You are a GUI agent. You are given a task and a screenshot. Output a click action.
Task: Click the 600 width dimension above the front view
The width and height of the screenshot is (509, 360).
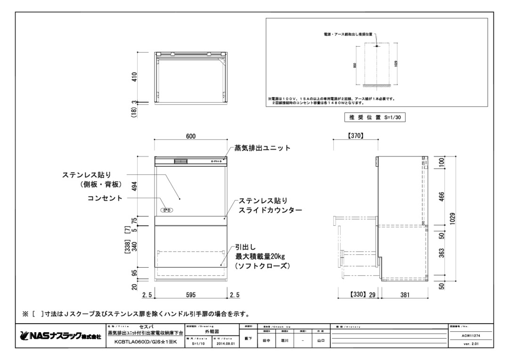(190, 136)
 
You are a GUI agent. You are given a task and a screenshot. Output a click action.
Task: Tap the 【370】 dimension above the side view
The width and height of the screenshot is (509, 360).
(355, 136)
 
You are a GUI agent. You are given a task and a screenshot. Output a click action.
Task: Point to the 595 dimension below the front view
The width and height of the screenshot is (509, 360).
(190, 295)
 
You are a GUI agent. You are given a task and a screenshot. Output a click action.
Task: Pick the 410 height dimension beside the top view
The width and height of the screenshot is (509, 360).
(134, 77)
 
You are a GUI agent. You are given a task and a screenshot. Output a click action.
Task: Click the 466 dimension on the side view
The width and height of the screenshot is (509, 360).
(441, 195)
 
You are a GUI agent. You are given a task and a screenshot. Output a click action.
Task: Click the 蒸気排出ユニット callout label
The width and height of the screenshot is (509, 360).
(263, 148)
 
